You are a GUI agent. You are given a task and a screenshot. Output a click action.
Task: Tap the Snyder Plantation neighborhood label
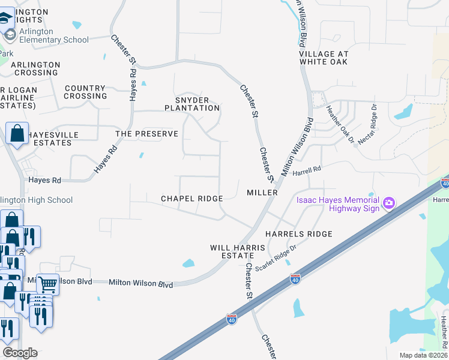point(192,104)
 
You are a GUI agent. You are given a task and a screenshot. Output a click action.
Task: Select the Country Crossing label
point(85,92)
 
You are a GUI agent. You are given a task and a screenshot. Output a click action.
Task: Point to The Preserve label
point(146,134)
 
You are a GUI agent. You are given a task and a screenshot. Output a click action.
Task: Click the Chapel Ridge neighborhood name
point(191,199)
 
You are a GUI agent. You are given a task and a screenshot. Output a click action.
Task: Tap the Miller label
point(262,193)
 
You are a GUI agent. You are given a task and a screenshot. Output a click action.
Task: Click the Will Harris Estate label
point(232,251)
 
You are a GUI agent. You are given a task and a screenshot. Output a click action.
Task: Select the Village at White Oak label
point(324,58)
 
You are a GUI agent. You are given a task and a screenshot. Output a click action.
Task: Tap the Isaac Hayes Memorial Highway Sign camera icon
point(389,203)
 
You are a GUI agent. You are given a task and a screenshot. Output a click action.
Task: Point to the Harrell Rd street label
point(307,171)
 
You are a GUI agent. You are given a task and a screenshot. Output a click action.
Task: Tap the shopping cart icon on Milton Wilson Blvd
point(47,283)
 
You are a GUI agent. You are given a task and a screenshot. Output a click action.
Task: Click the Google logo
point(20,353)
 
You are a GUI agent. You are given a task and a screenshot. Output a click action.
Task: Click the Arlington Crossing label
point(35,68)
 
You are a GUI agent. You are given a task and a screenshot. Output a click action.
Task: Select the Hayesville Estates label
point(53,139)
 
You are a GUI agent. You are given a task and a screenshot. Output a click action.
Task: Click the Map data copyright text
point(423,355)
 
